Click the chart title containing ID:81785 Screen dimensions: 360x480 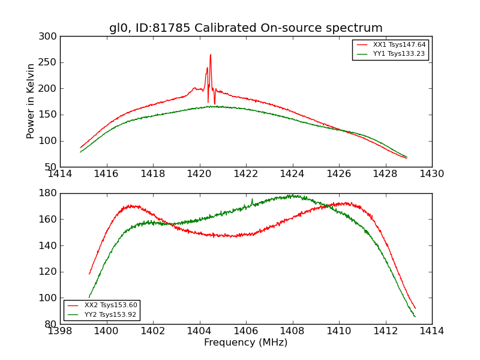pos(245,28)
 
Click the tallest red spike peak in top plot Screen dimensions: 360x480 pos(211,55)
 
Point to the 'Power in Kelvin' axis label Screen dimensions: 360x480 pos(31,101)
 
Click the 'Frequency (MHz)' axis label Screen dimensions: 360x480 pos(245,343)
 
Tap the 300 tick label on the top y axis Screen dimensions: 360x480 pos(50,37)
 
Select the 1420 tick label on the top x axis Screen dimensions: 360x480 pos(199,174)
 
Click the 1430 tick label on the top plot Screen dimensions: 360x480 pos(431,174)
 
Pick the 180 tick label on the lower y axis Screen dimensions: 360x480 pos(50,193)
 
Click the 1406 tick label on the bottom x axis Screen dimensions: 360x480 pos(246,331)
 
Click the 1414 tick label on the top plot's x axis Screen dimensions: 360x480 pos(60,174)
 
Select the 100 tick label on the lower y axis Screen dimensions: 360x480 pos(50,298)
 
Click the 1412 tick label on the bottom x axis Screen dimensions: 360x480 pos(385,331)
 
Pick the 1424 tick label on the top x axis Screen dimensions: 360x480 pos(292,174)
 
